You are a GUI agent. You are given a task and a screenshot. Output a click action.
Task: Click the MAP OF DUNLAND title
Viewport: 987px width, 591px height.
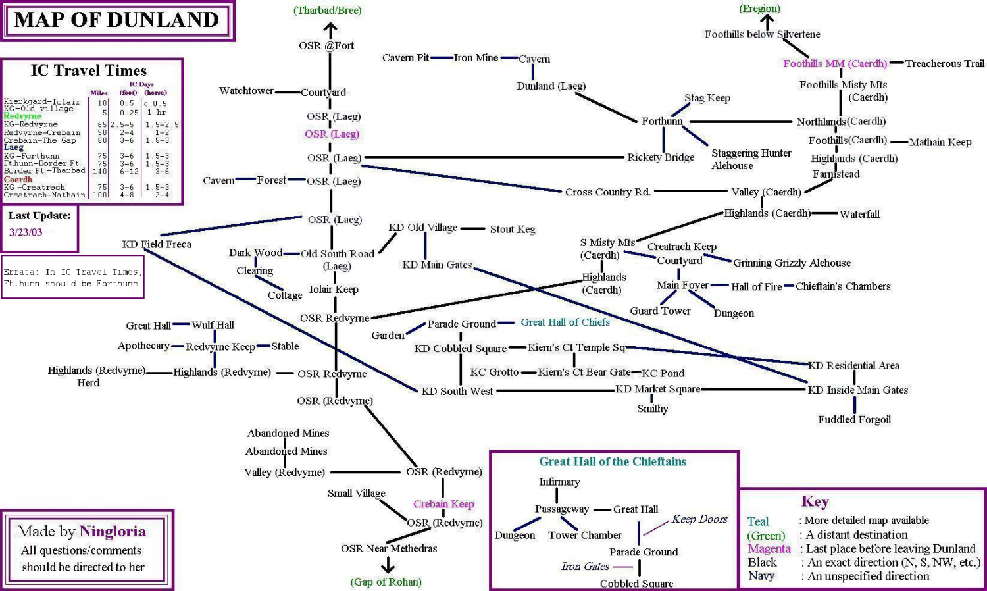116,20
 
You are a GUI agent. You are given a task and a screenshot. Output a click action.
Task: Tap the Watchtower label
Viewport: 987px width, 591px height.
246,91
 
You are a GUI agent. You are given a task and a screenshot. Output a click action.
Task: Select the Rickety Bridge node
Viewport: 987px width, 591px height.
660,157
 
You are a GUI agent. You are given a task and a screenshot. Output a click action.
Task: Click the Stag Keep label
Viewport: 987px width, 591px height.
707,98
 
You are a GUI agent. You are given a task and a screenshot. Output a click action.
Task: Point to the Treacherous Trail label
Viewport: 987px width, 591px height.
944,64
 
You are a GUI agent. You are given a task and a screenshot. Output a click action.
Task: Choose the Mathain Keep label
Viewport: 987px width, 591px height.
940,142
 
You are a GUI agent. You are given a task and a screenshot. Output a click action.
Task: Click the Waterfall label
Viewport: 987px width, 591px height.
859,214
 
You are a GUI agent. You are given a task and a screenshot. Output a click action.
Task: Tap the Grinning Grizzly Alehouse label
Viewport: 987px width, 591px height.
792,263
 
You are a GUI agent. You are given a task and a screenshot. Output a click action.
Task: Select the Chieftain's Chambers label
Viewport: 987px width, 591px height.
842,286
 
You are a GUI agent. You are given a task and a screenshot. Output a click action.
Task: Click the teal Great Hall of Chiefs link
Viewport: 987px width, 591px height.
565,322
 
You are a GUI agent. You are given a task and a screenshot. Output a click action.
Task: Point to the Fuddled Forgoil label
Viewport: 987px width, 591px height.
854,420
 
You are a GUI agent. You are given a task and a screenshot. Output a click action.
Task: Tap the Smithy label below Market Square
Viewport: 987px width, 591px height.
652,409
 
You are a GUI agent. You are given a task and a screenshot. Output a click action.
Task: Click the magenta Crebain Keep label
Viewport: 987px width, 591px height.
443,504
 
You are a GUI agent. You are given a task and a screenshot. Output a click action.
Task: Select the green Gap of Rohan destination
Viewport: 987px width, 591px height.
386,582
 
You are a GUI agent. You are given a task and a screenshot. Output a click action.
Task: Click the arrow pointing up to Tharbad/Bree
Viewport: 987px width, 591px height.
330,30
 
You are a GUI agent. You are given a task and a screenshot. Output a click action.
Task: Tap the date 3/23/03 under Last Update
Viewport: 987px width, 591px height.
26,232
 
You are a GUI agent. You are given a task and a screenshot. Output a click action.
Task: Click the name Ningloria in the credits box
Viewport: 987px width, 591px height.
113,532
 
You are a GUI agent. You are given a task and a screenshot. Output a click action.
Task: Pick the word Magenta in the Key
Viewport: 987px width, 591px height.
769,549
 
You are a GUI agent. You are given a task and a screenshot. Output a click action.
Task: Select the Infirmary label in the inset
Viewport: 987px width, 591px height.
559,482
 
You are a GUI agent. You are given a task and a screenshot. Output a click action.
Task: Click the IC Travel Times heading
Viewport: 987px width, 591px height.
89,71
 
